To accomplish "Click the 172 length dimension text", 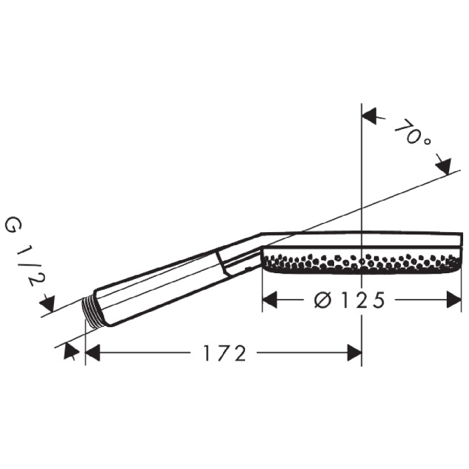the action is pos(225,354).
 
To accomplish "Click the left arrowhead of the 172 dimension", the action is pos(93,353).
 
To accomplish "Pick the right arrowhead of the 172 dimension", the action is pos(355,353).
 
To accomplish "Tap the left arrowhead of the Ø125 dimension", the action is pos(270,300).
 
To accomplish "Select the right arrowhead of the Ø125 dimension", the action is pos(454,300).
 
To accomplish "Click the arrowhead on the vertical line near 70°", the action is pos(369,116).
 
